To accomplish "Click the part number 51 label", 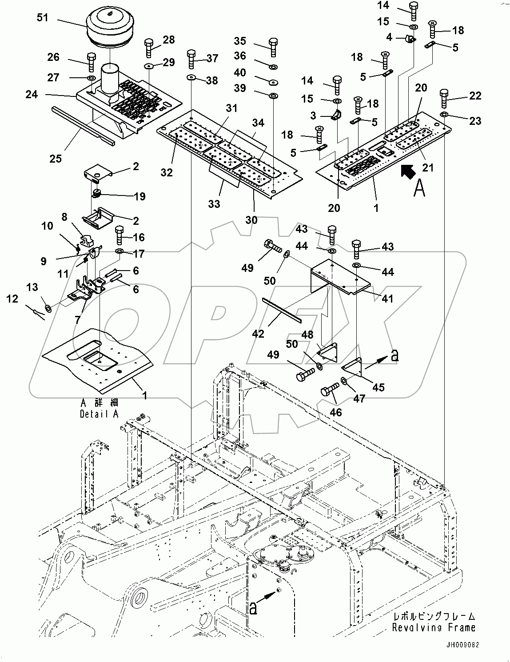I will [43, 17].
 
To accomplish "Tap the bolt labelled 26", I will [91, 62].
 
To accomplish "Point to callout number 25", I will [56, 158].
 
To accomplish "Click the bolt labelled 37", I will [191, 58].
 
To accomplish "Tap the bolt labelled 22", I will [444, 98].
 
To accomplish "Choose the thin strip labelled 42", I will [282, 309].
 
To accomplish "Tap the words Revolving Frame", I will [434, 628].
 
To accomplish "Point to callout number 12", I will [12, 299].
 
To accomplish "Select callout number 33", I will [214, 204].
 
